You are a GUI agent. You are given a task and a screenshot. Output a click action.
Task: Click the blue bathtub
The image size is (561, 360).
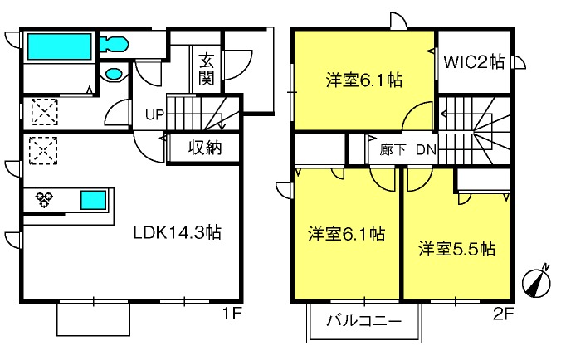click(60, 46)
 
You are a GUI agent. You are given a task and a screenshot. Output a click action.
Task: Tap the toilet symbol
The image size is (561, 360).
click(114, 45)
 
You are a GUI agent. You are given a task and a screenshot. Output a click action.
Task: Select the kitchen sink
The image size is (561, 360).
click(94, 200)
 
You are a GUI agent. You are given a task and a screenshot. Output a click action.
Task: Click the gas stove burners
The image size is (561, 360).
click(44, 199)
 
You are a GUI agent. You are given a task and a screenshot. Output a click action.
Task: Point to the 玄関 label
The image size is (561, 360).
click(207, 69)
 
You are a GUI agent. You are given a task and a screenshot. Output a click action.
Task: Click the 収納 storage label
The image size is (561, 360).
click(205, 148)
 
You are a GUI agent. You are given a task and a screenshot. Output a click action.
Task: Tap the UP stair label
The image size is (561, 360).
click(154, 115)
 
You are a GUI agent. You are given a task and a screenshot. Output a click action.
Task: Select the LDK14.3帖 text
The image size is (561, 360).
click(178, 232)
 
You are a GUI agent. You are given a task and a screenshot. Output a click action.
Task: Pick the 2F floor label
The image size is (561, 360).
click(504, 314)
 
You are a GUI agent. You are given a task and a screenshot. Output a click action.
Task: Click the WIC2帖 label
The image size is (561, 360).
click(474, 62)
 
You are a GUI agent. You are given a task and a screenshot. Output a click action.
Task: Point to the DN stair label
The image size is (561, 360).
click(427, 150)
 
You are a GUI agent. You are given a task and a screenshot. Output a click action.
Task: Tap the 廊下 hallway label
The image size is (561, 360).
click(393, 150)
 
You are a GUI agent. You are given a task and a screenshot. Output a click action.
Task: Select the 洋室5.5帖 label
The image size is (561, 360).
click(457, 249)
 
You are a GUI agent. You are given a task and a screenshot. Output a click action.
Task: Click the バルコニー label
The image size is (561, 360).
click(363, 321)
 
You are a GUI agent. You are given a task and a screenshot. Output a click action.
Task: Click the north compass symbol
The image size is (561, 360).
click(536, 283)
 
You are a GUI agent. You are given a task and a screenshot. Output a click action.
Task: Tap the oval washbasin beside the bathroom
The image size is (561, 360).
click(114, 74)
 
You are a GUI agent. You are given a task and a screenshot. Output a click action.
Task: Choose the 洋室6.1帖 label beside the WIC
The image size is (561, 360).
click(363, 80)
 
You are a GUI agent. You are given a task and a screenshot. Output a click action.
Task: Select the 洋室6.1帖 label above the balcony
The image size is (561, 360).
click(346, 234)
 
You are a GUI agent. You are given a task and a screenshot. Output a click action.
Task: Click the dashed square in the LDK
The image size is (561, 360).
click(43, 151)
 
